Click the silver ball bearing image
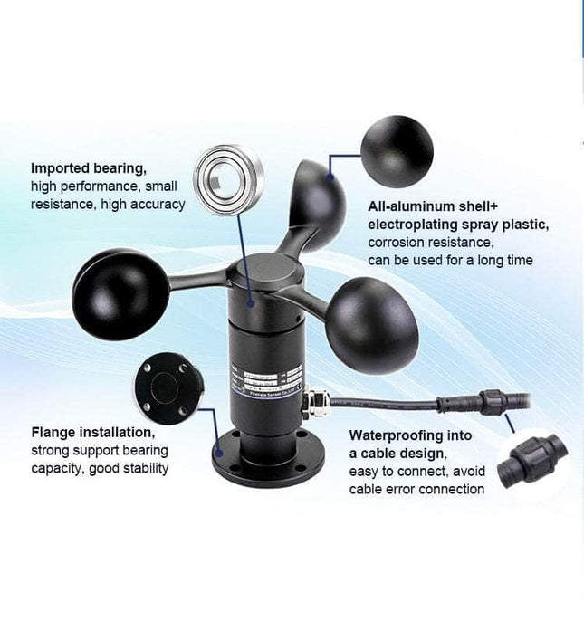coord(230,179)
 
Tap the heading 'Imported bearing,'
coord(89,167)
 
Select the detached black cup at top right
coord(397,150)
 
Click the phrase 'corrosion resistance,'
coord(429,243)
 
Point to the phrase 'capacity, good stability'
coord(100,468)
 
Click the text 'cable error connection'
coord(416,490)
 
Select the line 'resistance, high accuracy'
coord(108,205)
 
